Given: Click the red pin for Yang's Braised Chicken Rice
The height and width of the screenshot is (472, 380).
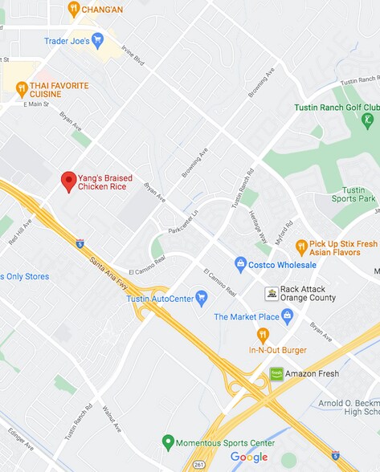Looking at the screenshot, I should coord(69,181).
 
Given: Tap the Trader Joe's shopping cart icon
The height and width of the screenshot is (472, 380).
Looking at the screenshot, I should coord(98,39).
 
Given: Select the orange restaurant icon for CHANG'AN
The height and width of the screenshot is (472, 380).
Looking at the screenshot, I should coord(74,9).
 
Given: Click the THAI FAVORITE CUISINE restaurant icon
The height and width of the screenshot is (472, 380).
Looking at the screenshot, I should coord(22,89).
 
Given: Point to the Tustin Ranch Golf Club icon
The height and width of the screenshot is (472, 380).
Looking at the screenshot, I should coord(368,120).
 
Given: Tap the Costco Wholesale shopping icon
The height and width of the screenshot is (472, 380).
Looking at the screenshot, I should coord(240,264).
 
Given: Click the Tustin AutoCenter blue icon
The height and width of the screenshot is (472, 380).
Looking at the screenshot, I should coord(202,299).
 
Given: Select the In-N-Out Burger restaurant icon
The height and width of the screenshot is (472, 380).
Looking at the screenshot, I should coord(263,336).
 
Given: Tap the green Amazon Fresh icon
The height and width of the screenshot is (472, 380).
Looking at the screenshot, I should coord(276,373).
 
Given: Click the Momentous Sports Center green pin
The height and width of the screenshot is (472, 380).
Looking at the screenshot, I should coord(168,441).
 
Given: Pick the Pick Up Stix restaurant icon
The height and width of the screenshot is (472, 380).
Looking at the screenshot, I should coord(301,247).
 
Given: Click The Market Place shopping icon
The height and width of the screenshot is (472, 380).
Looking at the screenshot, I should coord(287,316).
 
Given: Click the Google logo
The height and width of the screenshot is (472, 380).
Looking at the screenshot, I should coord(249,458).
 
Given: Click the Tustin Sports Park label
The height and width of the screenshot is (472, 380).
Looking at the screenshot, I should coord(353,194).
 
